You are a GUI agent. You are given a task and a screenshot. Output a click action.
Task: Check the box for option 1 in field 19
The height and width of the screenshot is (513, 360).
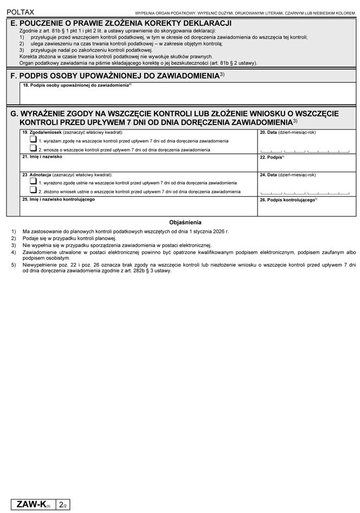point(34,140)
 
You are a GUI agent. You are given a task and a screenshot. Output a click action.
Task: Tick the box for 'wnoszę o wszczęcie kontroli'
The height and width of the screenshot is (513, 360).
point(34,148)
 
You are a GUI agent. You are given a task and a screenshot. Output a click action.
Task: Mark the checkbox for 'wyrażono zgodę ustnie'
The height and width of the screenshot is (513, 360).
point(34,183)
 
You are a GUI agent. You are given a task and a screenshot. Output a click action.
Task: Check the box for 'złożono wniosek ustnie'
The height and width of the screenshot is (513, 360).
point(34,191)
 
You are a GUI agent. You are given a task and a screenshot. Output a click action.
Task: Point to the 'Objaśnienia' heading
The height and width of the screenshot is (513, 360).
point(185,222)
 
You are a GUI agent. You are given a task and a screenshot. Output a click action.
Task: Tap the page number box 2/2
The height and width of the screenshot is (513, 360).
point(63,505)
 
